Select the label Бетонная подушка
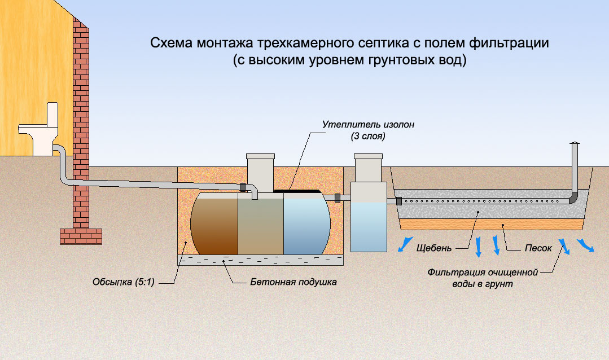pyautogui.click(x=293, y=282)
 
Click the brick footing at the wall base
pyautogui.click(x=81, y=236)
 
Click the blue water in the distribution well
pyautogui.click(x=368, y=226)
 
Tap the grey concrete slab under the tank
pyautogui.click(x=260, y=260)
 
